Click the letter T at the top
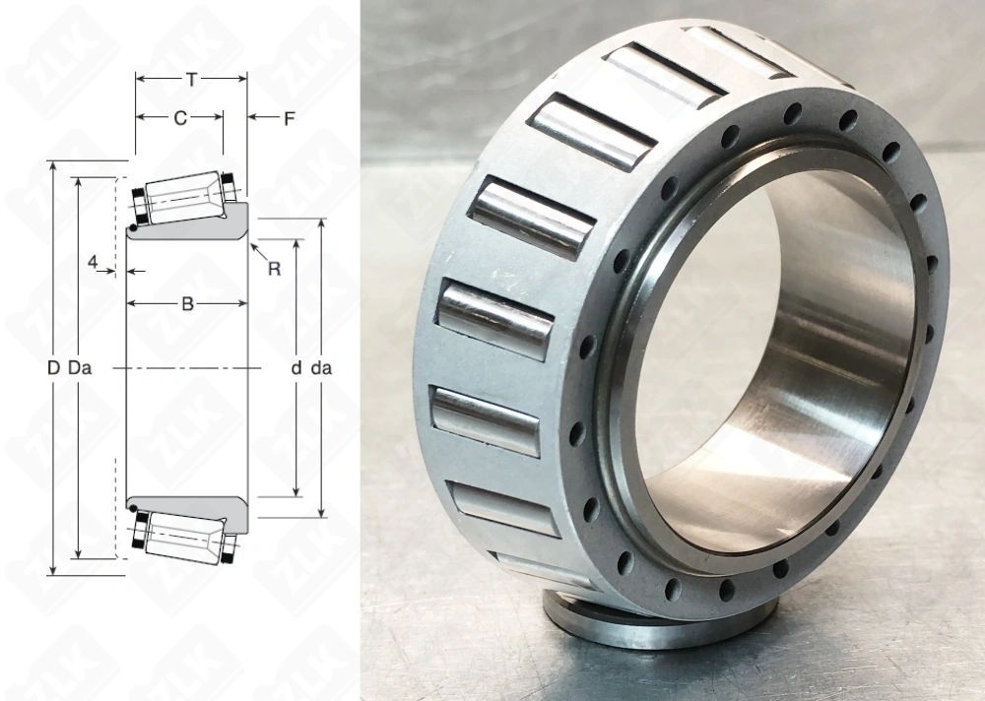pos(190,79)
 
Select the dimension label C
pos(179,118)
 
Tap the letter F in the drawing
pos(289,119)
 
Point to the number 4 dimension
pos(93,263)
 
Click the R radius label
pos(274,269)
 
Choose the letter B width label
pos(187,304)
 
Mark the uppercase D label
pos(53,368)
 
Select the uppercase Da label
pos(80,368)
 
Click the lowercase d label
pos(295,368)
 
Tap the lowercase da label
pos(320,368)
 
